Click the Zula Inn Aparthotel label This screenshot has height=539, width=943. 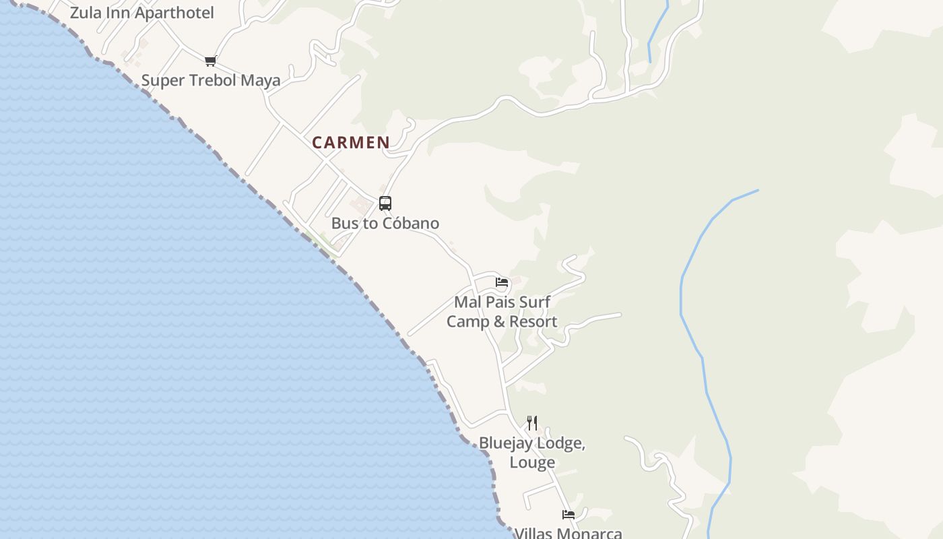tap(141, 13)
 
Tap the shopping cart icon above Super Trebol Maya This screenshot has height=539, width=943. tap(210, 61)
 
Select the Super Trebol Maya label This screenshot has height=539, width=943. tap(210, 80)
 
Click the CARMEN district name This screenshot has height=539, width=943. tap(350, 143)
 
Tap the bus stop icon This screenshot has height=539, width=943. tap(385, 203)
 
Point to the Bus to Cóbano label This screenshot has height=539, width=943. tap(385, 223)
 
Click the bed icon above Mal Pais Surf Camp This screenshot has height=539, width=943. tap(501, 282)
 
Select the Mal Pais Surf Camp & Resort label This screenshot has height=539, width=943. tap(502, 312)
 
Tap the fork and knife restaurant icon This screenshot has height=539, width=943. tap(532, 423)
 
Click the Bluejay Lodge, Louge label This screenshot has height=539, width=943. tap(532, 453)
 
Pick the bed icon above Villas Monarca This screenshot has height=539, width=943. tap(568, 515)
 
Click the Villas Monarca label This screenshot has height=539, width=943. tap(568, 534)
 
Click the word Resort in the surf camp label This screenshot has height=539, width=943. tap(533, 321)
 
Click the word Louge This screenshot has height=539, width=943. tap(532, 462)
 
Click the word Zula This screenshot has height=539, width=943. tap(86, 13)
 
